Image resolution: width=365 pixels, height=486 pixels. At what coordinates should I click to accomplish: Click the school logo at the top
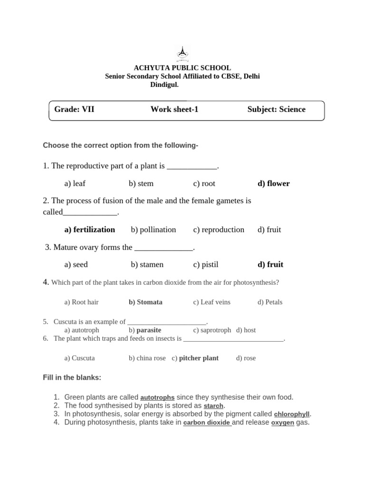[x=182, y=54]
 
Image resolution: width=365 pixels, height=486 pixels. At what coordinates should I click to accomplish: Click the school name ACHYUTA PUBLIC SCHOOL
[x=182, y=68]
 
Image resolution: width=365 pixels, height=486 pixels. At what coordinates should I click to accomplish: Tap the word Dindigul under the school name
[x=164, y=84]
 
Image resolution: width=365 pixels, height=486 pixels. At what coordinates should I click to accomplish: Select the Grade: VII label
[x=74, y=110]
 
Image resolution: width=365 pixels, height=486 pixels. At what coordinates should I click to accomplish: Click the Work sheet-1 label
[x=174, y=110]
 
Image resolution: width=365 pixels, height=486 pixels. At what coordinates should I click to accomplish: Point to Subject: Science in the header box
[x=276, y=110]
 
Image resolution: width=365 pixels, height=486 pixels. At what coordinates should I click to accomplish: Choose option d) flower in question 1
[x=273, y=184]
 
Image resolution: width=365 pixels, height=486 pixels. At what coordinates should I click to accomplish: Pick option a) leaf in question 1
[x=75, y=184]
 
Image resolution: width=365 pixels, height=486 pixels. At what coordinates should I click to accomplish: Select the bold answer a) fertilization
[x=89, y=230]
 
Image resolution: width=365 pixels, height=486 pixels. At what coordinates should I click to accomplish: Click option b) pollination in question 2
[x=153, y=230]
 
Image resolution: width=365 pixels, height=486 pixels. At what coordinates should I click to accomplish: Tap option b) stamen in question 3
[x=147, y=265]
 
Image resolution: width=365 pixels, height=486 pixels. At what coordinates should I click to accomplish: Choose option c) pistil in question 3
[x=205, y=265]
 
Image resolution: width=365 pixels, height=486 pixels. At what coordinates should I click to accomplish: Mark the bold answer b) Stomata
[x=145, y=302]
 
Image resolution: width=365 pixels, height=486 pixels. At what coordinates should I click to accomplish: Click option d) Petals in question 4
[x=269, y=302]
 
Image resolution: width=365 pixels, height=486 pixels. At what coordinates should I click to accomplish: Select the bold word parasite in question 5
[x=149, y=330]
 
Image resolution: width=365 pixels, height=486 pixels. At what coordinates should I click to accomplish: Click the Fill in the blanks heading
[x=72, y=378]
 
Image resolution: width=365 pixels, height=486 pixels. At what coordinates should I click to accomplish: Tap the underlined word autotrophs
[x=157, y=397]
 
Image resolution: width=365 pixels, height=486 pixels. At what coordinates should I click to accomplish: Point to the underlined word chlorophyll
[x=292, y=414]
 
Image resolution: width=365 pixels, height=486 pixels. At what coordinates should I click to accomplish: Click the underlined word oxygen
[x=282, y=422]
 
